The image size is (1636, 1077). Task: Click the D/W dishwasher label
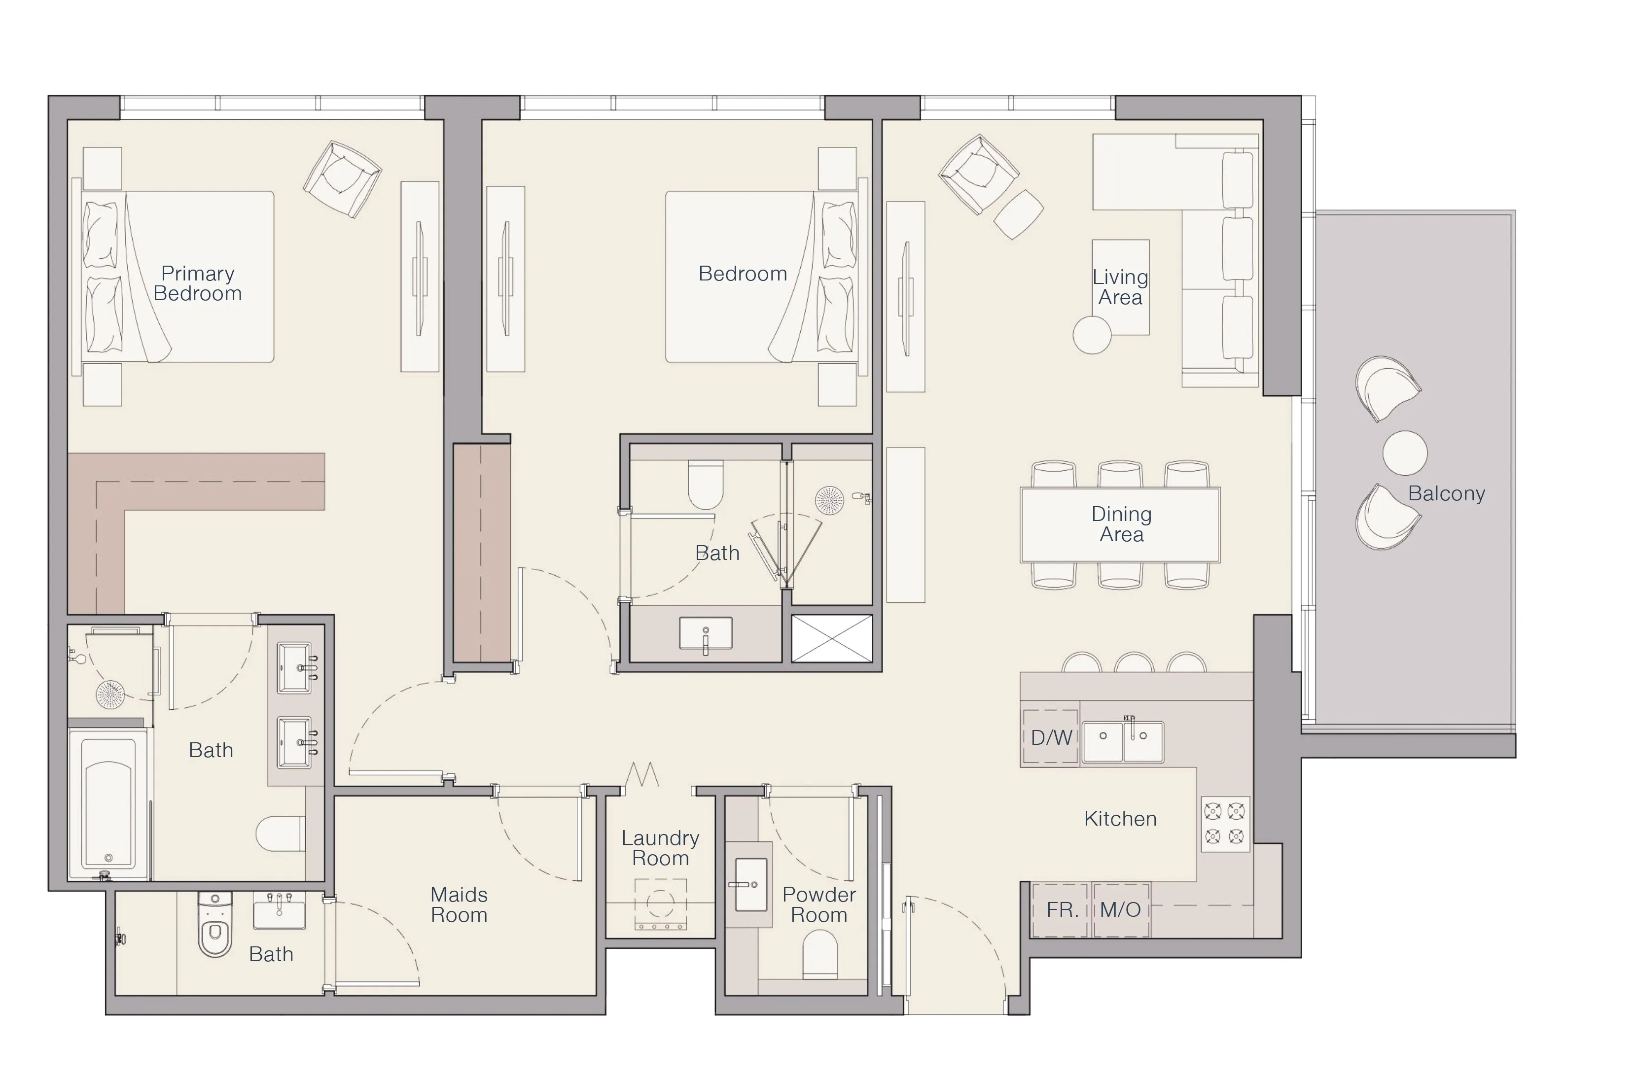point(1051,737)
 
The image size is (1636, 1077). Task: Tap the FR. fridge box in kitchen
point(1062,910)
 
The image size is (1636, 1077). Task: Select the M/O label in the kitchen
point(1120,910)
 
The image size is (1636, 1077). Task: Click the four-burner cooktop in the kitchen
point(1224,824)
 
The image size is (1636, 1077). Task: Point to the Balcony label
point(1446,493)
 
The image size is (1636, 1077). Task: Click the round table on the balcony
point(1405,453)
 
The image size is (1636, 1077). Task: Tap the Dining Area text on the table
point(1121,524)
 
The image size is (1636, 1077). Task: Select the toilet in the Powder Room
point(820,954)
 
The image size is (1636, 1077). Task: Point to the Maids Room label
point(459,904)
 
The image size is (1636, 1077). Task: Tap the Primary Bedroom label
point(197,283)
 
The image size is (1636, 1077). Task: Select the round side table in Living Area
point(1092,335)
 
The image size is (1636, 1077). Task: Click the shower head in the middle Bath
point(829,500)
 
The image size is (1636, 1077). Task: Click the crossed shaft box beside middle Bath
point(832,638)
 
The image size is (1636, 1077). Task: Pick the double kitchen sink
point(1123,742)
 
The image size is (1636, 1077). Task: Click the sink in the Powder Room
point(750,885)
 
